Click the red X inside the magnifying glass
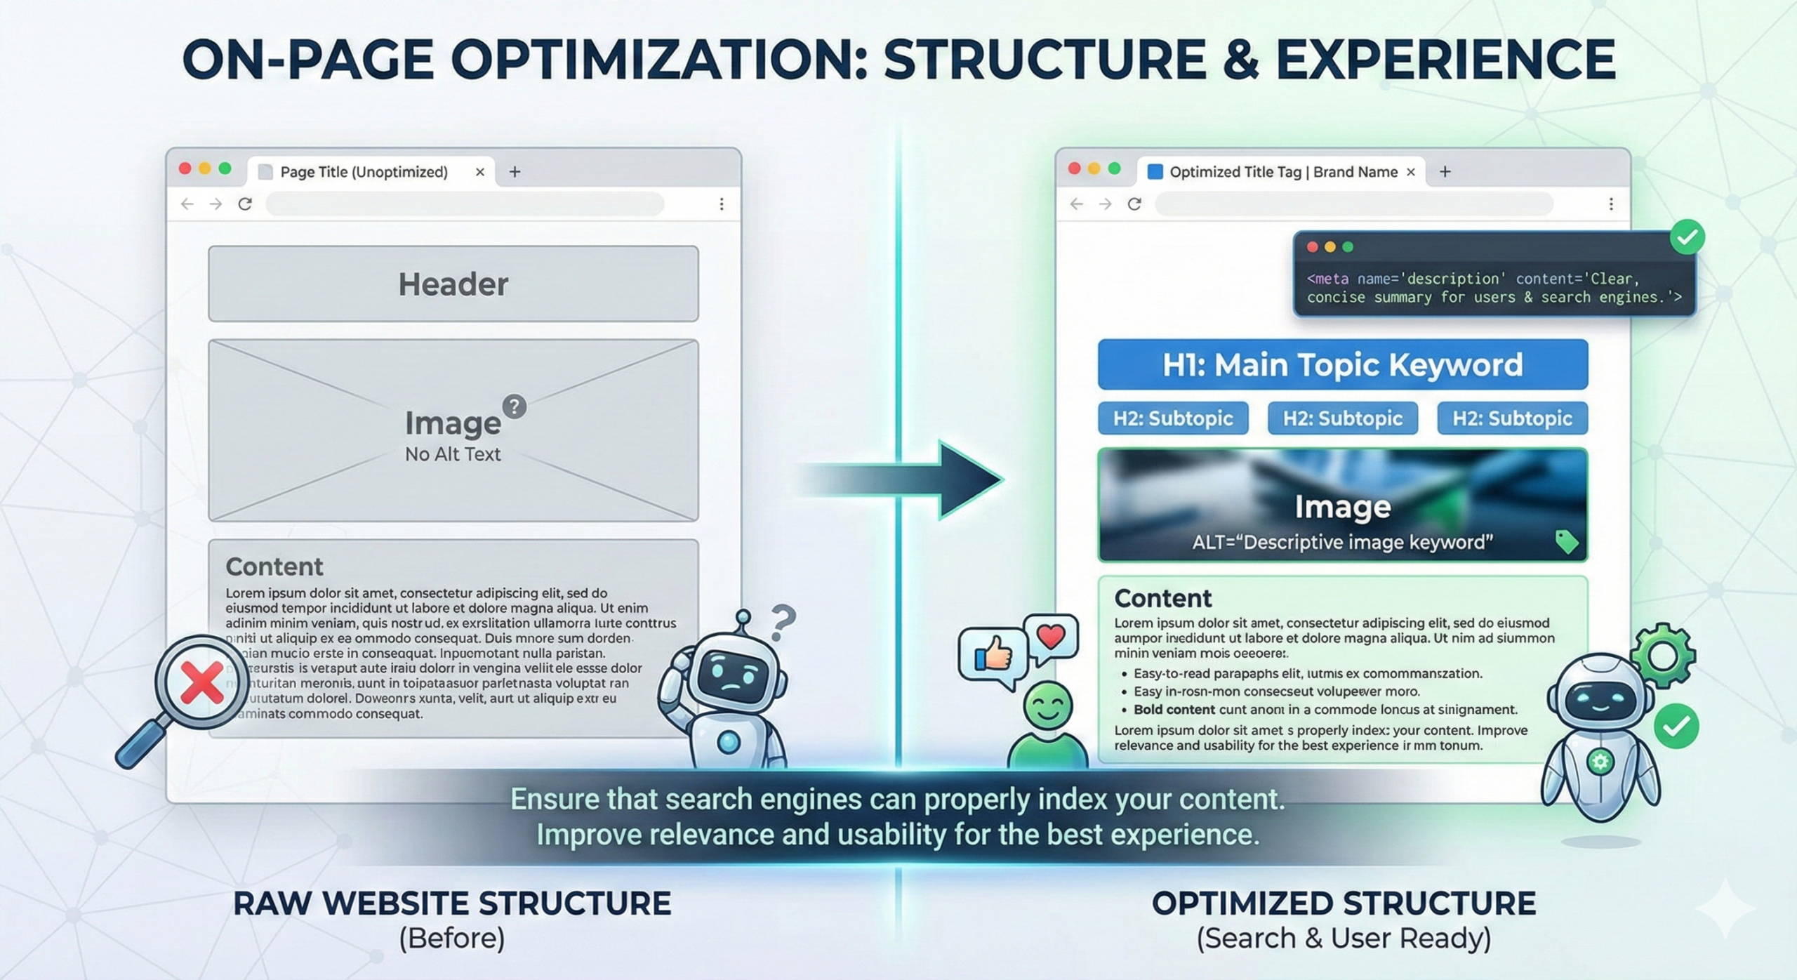(x=201, y=682)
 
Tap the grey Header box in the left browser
(x=453, y=284)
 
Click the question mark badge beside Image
(x=515, y=406)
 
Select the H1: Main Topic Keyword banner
(x=1342, y=364)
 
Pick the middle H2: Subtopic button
(x=1342, y=418)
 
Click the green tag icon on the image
(x=1567, y=541)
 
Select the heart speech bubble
(x=1051, y=637)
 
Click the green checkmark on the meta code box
(x=1687, y=237)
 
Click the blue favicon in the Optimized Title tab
(x=1155, y=172)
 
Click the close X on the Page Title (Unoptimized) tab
(x=480, y=172)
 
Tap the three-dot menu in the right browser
(x=1611, y=204)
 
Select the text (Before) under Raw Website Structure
(x=452, y=938)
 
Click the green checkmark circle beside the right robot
(x=1676, y=727)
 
